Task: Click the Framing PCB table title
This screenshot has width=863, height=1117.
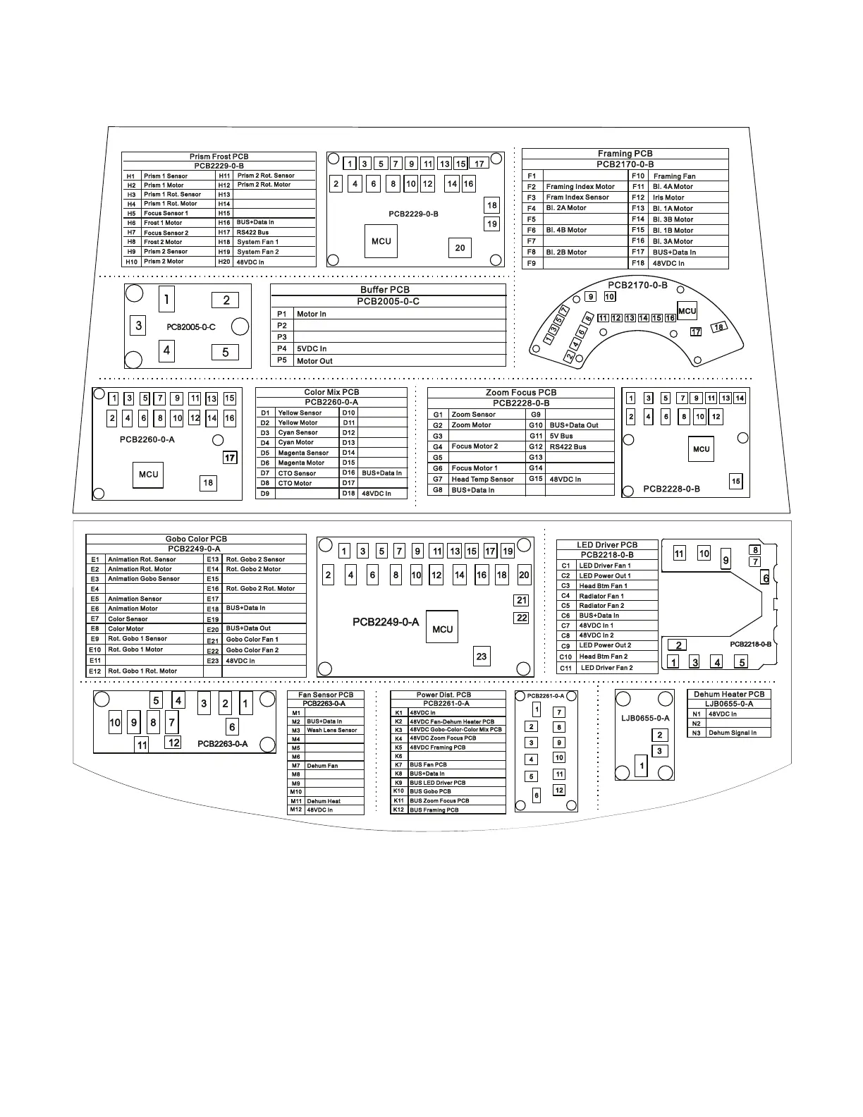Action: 625,154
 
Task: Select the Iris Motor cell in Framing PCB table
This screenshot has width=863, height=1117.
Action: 668,197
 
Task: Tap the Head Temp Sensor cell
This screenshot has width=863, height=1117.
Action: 483,480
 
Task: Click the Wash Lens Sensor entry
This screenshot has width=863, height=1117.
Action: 332,731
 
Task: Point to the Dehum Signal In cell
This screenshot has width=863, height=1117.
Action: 733,733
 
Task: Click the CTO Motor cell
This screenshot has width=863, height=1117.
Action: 295,484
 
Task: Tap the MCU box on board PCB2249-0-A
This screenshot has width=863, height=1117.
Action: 442,629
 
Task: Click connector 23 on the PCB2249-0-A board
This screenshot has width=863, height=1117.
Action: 482,657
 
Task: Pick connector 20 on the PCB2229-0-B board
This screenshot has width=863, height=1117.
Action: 460,248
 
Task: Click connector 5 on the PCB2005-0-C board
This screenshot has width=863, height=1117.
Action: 226,353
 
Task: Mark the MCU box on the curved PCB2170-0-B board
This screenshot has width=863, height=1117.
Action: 687,311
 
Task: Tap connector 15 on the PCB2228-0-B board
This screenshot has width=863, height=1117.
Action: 735,482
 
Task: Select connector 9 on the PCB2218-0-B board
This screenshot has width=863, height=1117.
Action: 726,561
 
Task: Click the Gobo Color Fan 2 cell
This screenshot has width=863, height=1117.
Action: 252,650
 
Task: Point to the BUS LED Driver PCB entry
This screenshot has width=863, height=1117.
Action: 438,783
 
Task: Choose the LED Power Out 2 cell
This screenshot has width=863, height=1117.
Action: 605,645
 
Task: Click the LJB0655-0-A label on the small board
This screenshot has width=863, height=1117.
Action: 645,719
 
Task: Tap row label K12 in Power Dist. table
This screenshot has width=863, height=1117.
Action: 398,810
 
